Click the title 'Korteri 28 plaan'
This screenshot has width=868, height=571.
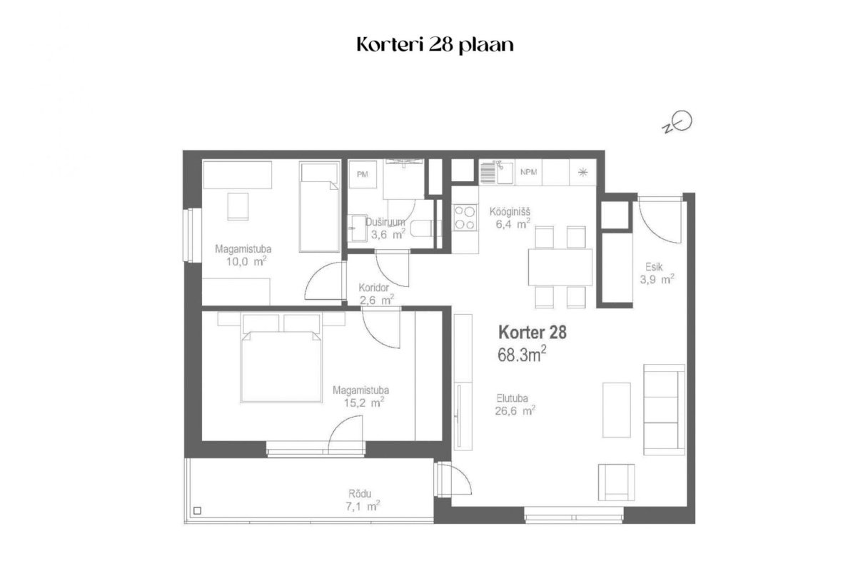435,45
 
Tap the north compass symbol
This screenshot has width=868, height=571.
677,123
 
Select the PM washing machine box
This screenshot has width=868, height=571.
363,174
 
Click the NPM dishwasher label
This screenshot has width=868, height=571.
528,172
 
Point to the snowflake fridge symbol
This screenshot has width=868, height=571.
582,173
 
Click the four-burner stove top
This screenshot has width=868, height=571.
465,218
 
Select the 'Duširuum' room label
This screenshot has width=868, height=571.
385,222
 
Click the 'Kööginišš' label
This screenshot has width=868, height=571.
510,212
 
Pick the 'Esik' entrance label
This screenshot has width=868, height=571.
654,266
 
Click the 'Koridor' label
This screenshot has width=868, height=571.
373,288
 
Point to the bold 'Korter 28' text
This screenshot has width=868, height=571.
533,333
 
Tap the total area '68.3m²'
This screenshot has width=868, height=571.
523,355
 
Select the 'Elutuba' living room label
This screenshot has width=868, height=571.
513,398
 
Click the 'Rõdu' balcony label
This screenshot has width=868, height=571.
360,493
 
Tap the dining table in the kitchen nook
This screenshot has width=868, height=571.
560,267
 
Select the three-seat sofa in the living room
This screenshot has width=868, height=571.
664,410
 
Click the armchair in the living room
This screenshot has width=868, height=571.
617,482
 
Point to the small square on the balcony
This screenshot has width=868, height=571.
197,510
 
